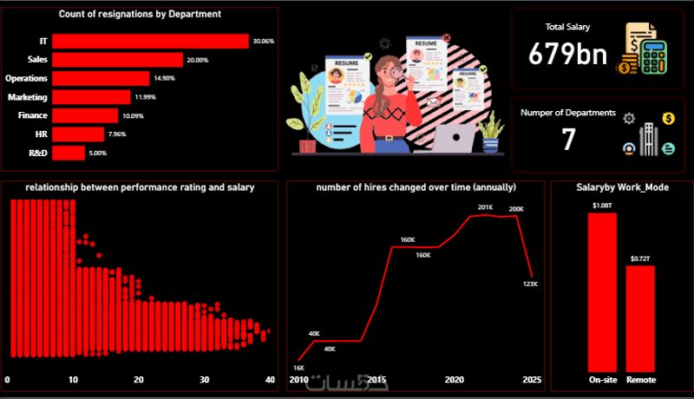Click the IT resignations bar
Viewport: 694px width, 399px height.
click(150, 41)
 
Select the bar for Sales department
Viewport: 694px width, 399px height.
click(117, 60)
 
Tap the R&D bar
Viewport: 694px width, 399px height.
click(69, 154)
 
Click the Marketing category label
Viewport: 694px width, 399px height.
click(29, 97)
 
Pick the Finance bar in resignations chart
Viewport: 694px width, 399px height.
click(85, 115)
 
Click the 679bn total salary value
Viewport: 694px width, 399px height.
click(568, 55)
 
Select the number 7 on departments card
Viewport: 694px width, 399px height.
click(568, 139)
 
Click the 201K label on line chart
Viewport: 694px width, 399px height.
click(485, 207)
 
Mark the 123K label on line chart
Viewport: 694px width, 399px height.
click(531, 284)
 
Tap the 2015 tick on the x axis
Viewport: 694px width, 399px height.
click(377, 380)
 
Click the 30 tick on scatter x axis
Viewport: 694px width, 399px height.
click(204, 380)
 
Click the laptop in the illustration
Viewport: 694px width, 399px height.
click(455, 139)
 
